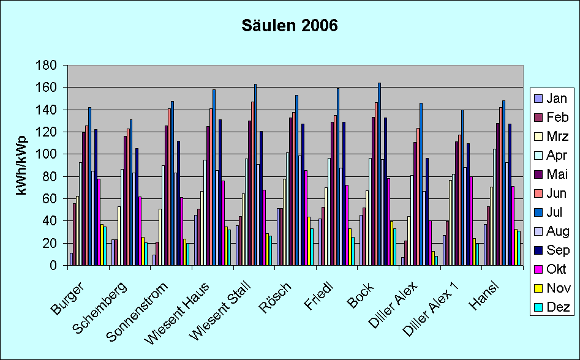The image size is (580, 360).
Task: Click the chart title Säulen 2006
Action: pos(290,26)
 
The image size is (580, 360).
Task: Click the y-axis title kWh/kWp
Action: pos(22,165)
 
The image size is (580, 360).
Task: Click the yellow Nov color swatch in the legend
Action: pos(538,288)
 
